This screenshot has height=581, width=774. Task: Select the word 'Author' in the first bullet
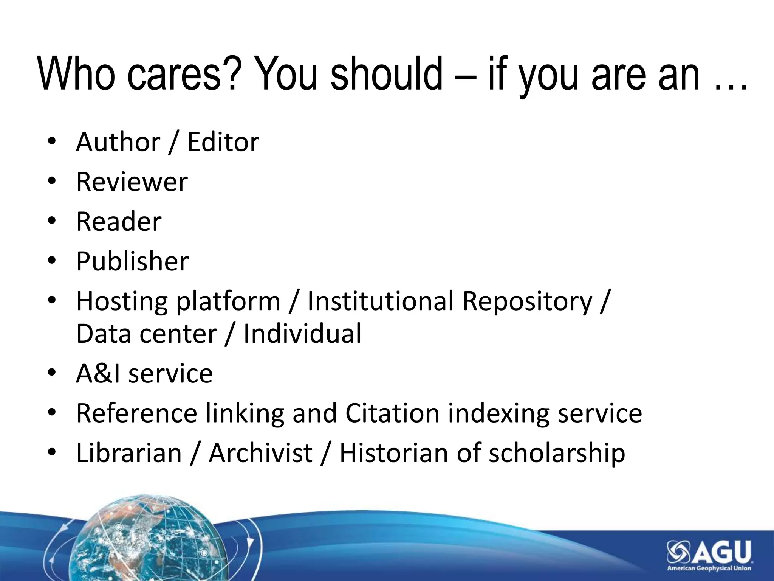(118, 142)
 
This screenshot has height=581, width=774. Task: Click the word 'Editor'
(223, 142)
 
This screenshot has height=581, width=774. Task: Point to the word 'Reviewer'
(132, 182)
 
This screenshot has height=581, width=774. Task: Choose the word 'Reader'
(119, 222)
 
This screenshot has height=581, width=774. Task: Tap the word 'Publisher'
(132, 261)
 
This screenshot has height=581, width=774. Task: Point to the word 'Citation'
(392, 413)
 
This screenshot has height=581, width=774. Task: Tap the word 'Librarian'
(129, 453)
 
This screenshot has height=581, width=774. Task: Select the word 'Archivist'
(261, 453)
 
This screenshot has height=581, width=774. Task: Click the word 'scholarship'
(557, 453)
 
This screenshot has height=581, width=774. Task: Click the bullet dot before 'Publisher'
(52, 261)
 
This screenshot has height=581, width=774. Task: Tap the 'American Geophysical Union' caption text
(709, 568)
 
